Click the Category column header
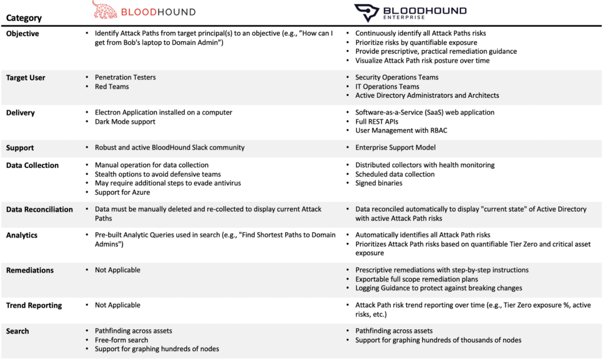23,18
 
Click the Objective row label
22,34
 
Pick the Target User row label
25,78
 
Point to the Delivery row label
20,113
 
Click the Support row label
20,148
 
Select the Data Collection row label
32,166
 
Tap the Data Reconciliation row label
39,209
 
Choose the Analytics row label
22,235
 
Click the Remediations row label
29,270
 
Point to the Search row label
18,331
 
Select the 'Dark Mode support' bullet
125,121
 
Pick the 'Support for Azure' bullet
122,192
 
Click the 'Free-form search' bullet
121,340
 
